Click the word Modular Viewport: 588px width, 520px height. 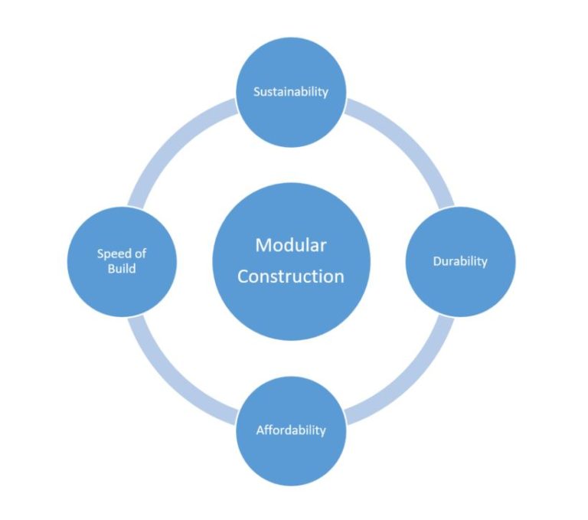click(291, 245)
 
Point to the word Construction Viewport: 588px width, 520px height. click(291, 276)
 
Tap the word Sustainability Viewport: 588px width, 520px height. click(291, 92)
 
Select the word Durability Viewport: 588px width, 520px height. click(459, 262)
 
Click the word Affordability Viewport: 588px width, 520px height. click(291, 430)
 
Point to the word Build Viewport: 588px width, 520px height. click(122, 269)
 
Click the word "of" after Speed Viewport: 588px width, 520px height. click(141, 254)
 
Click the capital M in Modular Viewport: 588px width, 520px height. click(263, 245)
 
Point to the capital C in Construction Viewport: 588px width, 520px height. click(243, 276)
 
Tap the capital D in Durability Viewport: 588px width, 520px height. click(437, 262)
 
